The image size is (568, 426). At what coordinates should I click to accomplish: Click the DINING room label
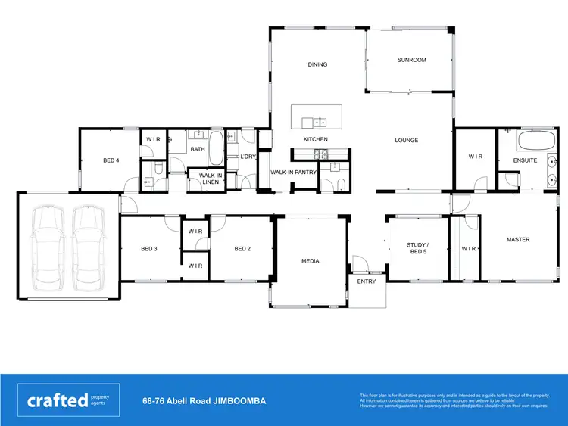317,64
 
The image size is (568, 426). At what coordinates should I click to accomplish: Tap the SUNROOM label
412,60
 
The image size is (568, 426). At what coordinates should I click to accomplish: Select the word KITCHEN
315,140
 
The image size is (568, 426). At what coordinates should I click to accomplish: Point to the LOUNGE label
406,140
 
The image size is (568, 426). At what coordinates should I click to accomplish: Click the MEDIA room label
311,261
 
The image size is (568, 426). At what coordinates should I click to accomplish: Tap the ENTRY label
367,281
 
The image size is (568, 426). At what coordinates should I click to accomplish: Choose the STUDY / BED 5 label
417,247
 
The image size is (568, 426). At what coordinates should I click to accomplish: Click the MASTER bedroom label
518,240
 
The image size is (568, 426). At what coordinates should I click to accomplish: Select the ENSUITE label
525,160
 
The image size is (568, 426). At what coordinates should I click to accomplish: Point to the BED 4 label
111,160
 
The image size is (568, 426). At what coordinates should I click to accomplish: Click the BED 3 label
148,249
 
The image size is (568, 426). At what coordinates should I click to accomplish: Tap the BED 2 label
242,249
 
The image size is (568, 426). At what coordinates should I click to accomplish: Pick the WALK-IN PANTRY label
293,173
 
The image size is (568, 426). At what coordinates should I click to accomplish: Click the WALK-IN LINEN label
211,179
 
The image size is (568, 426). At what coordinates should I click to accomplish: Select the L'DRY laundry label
248,157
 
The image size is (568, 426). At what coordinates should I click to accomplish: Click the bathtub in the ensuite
535,141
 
